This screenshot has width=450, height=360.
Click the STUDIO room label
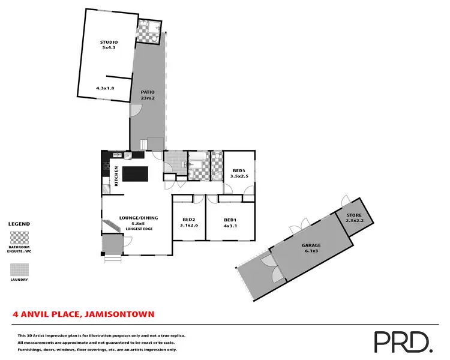[x=109, y=41]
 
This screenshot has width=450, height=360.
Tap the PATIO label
[x=148, y=92]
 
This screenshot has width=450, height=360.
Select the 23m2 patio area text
[x=148, y=98]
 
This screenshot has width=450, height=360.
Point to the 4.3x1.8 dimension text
[x=105, y=88]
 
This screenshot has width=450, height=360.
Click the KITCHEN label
[x=116, y=175]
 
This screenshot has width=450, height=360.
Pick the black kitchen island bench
[x=135, y=174]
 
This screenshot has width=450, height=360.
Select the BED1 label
[x=230, y=220]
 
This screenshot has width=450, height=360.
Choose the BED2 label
[x=189, y=220]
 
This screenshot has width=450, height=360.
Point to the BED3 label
[x=239, y=171]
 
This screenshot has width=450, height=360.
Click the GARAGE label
[x=311, y=245]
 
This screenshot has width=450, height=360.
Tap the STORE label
[x=355, y=215]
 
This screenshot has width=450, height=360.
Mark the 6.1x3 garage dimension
[x=311, y=252]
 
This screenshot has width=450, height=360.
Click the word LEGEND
[x=19, y=224]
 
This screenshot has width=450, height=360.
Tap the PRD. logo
[x=403, y=341]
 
